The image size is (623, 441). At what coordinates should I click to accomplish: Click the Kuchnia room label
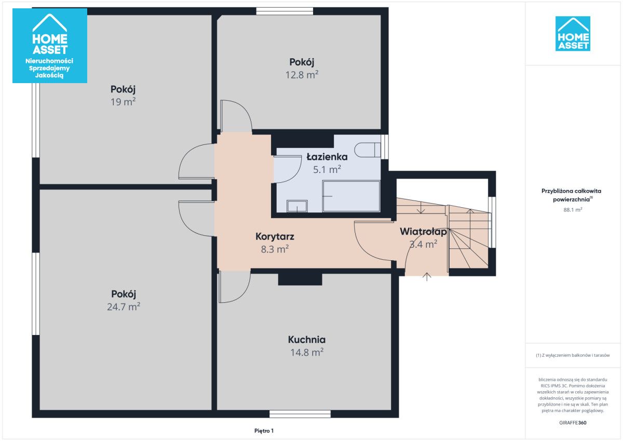click(x=307, y=340)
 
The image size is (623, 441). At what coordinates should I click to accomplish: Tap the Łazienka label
click(x=327, y=157)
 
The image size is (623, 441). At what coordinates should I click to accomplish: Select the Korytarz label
click(x=275, y=236)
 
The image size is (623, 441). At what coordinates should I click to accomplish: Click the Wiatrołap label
click(x=423, y=231)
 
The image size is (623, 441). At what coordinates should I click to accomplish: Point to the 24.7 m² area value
click(x=124, y=306)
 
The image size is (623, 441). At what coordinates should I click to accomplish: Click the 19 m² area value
click(x=123, y=102)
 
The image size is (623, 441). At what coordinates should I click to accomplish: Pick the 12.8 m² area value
click(x=302, y=75)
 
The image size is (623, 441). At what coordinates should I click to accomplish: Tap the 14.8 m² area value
click(x=307, y=353)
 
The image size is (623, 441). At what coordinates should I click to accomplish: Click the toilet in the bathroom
click(x=368, y=150)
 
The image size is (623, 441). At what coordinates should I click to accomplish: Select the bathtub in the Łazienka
click(x=351, y=196)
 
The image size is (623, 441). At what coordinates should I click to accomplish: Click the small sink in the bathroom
click(x=297, y=206)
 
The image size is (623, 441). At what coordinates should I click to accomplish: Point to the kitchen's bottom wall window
click(x=300, y=414)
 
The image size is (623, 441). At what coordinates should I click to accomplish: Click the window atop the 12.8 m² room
click(x=285, y=11)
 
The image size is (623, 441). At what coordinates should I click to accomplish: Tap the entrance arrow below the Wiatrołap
click(x=427, y=276)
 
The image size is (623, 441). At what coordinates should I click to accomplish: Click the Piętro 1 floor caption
click(x=264, y=431)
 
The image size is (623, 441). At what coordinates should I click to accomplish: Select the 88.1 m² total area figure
click(x=573, y=210)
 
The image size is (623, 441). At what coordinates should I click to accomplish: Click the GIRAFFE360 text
click(x=573, y=423)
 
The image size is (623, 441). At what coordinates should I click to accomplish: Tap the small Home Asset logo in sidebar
click(x=573, y=34)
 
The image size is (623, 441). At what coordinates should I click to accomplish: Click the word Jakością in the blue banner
click(x=49, y=75)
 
